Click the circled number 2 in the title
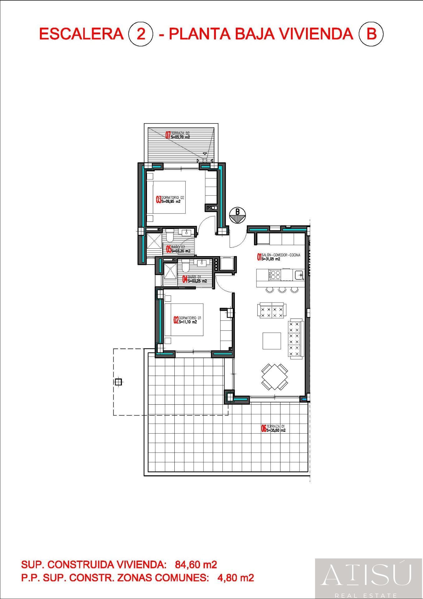141,34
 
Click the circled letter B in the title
371,34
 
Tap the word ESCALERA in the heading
82,34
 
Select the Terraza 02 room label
178,135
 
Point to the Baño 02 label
179,249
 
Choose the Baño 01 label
195,279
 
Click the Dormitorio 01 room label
187,320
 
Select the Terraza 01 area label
273,428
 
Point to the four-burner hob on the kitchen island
275,275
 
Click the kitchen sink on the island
299,275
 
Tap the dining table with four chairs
275,377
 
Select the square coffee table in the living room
272,341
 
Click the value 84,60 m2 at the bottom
196,564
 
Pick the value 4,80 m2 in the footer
235,577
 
